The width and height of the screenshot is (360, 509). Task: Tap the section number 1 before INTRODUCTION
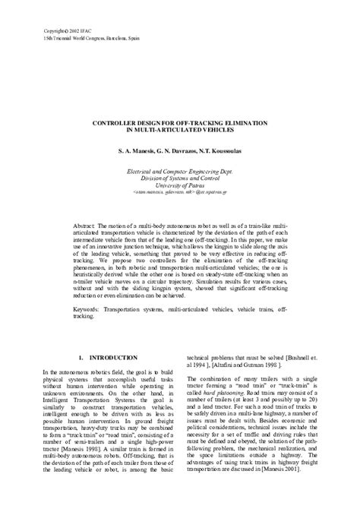(x=81, y=356)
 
